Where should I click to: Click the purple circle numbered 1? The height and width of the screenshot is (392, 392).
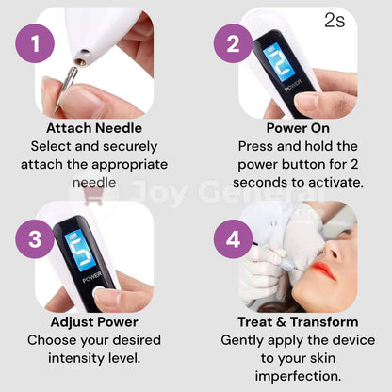[x=35, y=43]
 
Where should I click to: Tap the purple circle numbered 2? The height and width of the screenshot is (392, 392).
[x=233, y=43]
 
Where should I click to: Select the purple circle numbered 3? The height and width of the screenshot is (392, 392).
[x=35, y=239]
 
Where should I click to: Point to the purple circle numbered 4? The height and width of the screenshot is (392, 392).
[x=233, y=239]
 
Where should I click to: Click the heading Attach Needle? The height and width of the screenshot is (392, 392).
[x=94, y=128]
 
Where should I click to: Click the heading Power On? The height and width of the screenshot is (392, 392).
[x=298, y=128]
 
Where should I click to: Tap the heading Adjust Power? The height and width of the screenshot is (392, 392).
[x=94, y=322]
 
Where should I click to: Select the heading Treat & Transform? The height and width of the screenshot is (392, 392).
[x=298, y=322]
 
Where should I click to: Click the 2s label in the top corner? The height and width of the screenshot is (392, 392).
[x=335, y=21]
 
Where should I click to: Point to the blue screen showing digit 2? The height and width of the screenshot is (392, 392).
[x=279, y=62]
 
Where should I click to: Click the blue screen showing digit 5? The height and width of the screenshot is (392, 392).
[x=80, y=250]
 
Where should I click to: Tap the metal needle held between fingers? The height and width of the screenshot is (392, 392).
[x=66, y=89]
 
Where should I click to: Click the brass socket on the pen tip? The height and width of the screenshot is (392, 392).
[x=82, y=62]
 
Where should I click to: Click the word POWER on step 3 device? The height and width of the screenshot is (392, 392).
[x=92, y=277]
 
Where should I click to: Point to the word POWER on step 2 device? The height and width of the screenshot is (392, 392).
[x=293, y=86]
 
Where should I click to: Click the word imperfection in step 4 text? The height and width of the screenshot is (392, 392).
[x=298, y=376]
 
